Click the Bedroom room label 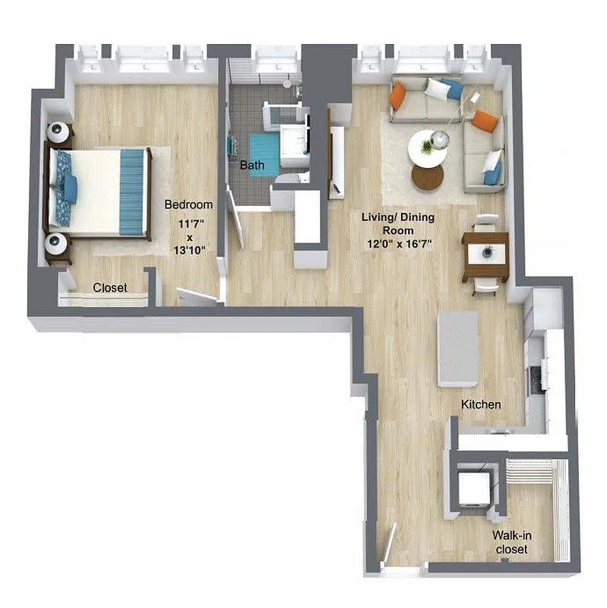coord(188,204)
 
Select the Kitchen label coord(481,404)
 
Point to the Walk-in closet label coord(513,542)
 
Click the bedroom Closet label coord(110,288)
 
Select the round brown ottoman coord(427,177)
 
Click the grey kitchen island coord(458,348)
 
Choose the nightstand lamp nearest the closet coord(57,244)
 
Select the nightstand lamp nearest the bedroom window coord(58,132)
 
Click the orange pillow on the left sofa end coord(398,96)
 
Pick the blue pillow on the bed coord(70,188)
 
